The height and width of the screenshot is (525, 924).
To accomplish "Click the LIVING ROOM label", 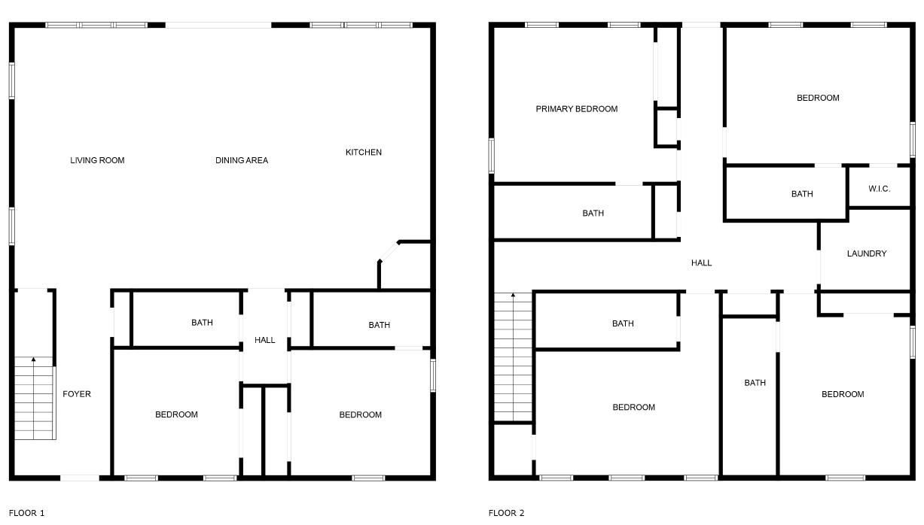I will tap(97, 160).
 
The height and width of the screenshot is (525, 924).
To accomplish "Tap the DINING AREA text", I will tap(242, 160).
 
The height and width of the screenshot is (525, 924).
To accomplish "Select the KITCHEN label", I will tap(363, 152).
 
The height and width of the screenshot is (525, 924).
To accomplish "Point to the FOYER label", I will tap(77, 394).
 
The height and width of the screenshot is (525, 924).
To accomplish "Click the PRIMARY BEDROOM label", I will tap(576, 109).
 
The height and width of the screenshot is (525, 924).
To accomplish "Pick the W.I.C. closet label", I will tap(879, 189).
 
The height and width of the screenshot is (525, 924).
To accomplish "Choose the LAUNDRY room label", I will tap(866, 253).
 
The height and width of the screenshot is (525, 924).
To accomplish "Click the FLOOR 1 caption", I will tap(26, 513).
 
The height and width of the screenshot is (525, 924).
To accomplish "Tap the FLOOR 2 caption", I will tap(506, 513).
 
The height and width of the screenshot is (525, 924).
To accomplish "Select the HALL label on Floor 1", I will tap(264, 340).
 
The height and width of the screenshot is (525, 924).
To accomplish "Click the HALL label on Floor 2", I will tap(701, 262).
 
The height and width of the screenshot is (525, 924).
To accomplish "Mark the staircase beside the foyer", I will tap(35, 399).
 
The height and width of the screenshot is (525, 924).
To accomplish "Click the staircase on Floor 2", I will tap(513, 357).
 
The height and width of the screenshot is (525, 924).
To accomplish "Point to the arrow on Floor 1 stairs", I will tap(33, 360).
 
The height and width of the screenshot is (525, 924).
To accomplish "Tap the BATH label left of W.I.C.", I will tap(801, 194).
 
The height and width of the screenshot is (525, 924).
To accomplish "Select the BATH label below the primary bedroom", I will tap(593, 213).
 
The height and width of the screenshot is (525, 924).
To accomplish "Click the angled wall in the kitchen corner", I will tap(389, 251).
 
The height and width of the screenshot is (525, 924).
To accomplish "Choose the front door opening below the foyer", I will tap(79, 478).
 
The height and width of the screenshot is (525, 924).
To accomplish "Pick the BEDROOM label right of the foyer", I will tap(176, 414).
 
